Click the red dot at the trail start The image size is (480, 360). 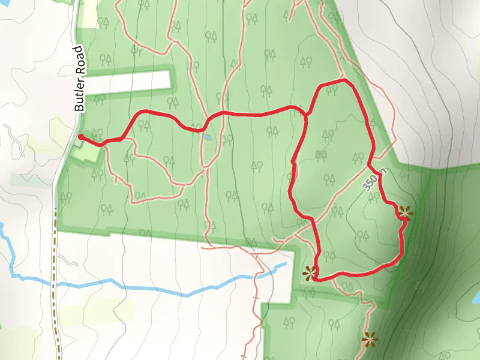(80, 137)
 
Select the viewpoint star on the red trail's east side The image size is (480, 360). (406, 212)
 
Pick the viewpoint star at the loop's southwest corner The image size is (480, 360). (310, 274)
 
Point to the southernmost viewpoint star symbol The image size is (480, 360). (370, 340)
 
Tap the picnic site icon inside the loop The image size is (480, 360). (321, 154)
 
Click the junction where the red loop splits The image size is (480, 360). (307, 114)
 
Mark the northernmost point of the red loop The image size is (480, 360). (343, 80)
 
